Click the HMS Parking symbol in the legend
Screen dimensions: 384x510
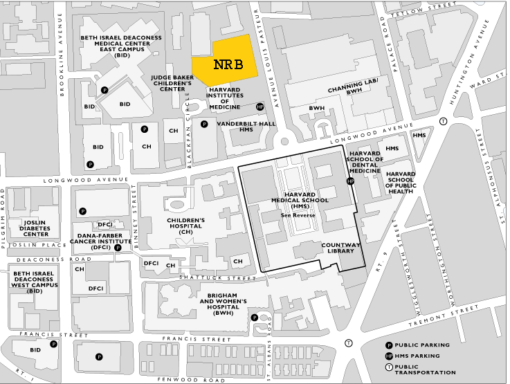pos(390,356)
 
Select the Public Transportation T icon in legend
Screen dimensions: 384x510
pos(390,367)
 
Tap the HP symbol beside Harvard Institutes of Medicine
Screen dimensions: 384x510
pos(260,107)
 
